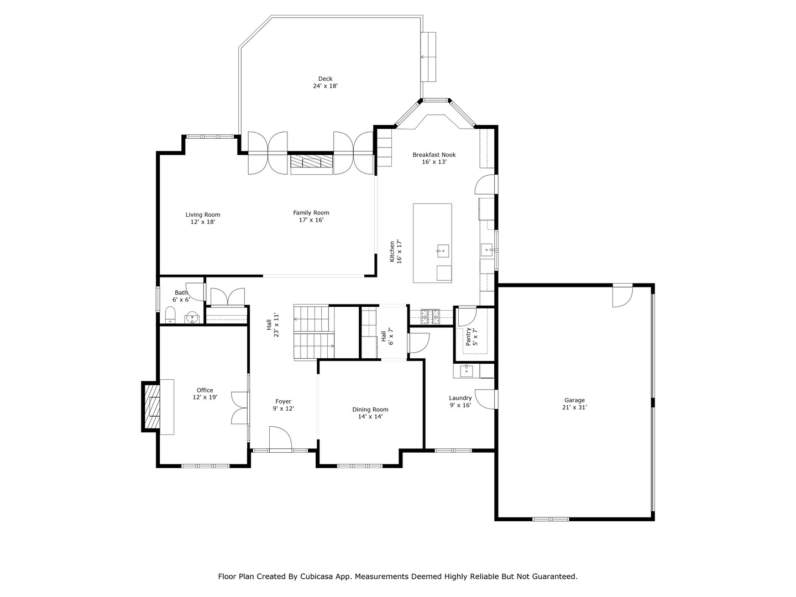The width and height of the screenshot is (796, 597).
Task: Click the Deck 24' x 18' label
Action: click(x=325, y=82)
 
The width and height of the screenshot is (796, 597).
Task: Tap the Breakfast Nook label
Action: click(x=434, y=158)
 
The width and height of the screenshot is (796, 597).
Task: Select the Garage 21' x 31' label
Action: click(x=574, y=404)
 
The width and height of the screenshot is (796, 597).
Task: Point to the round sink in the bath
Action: click(x=192, y=317)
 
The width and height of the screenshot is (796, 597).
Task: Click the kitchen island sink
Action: click(x=442, y=251)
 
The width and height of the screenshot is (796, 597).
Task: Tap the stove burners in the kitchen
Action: click(x=431, y=316)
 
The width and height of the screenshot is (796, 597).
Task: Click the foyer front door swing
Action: click(x=280, y=438)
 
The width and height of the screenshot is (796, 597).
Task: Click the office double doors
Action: click(x=240, y=408)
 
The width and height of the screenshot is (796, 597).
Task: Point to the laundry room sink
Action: click(x=467, y=370)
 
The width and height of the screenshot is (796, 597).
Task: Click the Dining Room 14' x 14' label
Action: click(x=370, y=413)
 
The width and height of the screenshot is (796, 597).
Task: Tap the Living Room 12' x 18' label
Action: click(x=203, y=218)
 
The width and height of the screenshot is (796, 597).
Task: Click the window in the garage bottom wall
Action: click(x=551, y=519)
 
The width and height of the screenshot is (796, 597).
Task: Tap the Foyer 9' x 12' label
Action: click(x=283, y=405)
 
